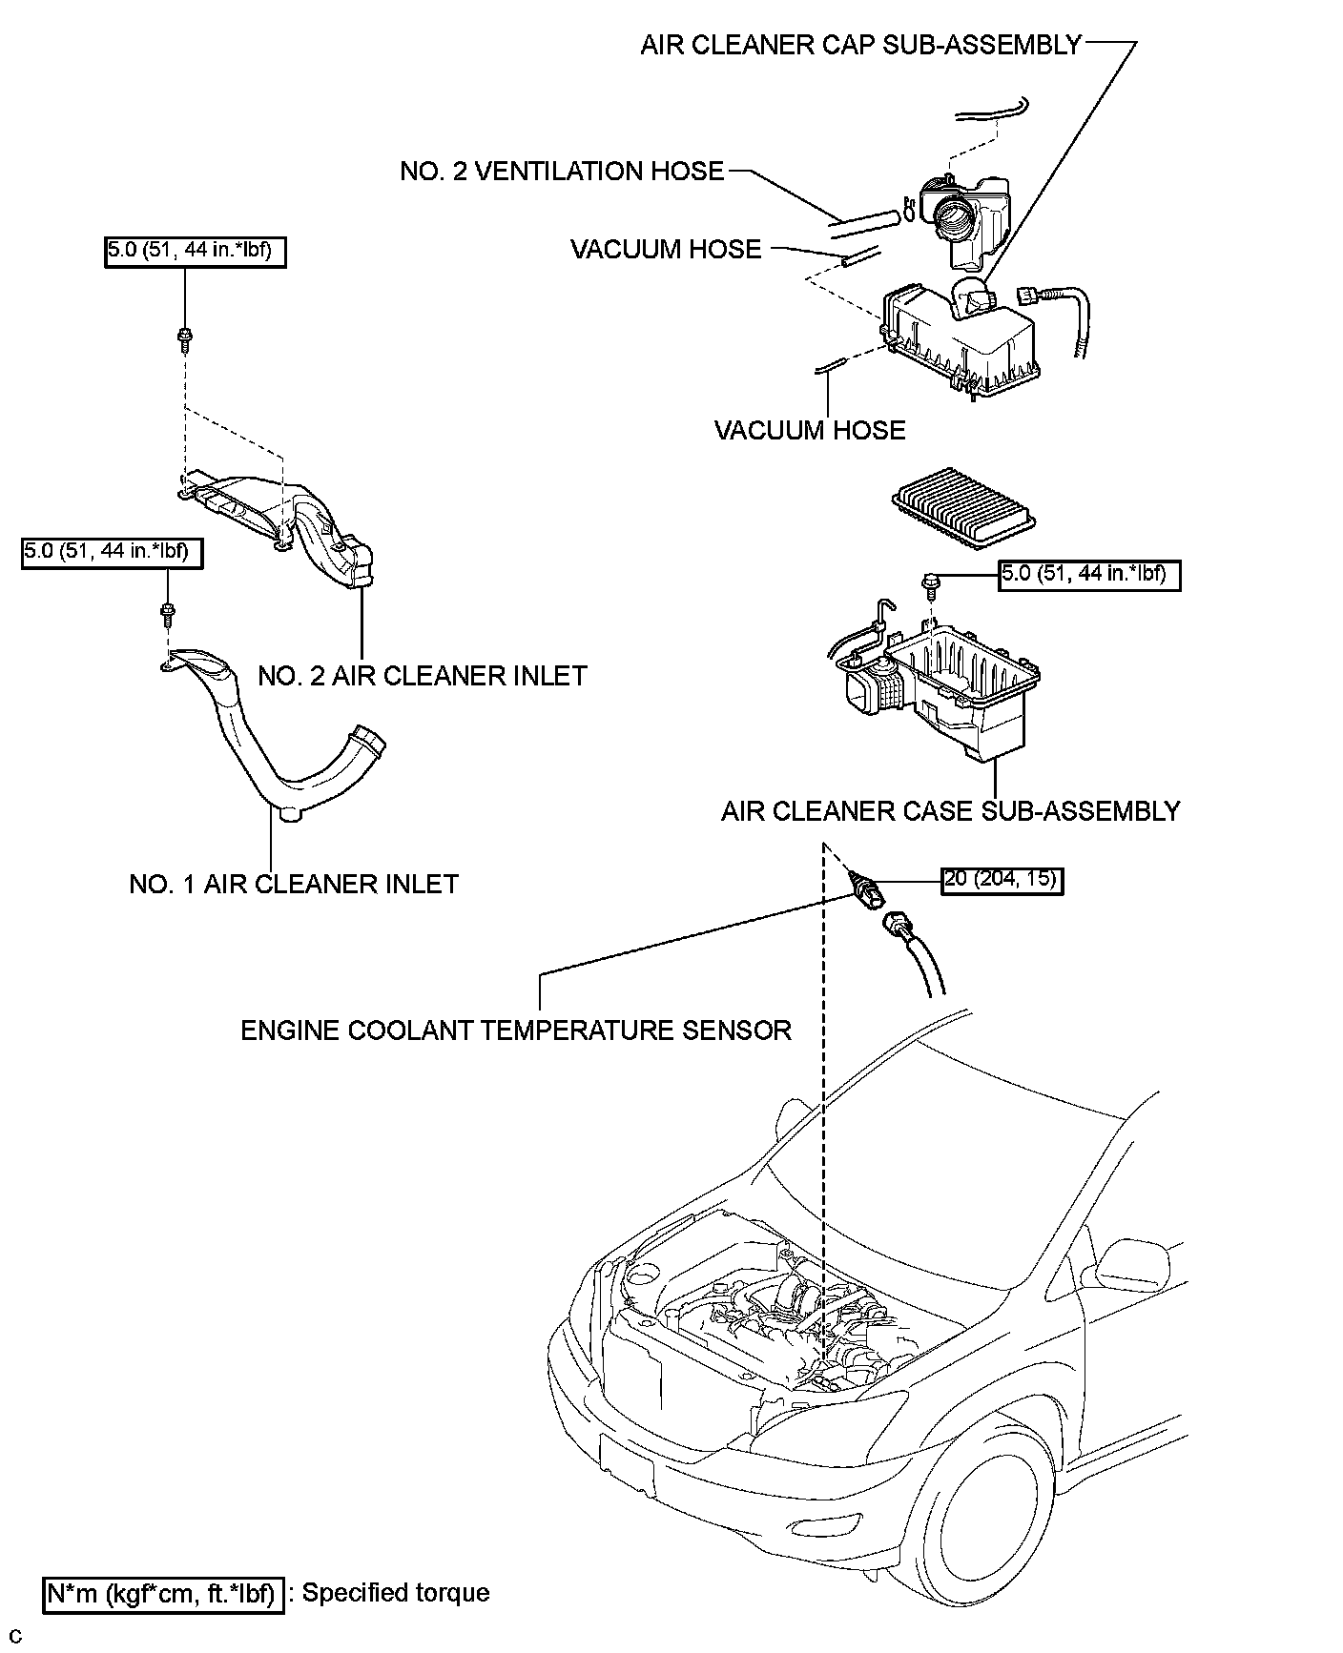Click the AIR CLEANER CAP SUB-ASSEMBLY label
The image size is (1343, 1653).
860,45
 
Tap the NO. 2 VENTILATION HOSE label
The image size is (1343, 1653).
562,172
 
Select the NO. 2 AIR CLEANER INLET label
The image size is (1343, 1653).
423,676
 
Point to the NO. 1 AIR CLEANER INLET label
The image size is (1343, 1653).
294,884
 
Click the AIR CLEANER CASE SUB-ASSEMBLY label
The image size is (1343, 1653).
951,811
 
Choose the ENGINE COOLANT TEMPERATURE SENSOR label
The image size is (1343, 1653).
516,1031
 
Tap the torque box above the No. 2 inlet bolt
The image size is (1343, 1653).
195,252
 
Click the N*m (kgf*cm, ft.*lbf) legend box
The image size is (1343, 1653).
164,1594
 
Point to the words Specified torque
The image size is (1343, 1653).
396,1593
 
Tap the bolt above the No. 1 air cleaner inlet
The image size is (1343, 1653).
168,614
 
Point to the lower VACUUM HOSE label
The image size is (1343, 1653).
810,430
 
